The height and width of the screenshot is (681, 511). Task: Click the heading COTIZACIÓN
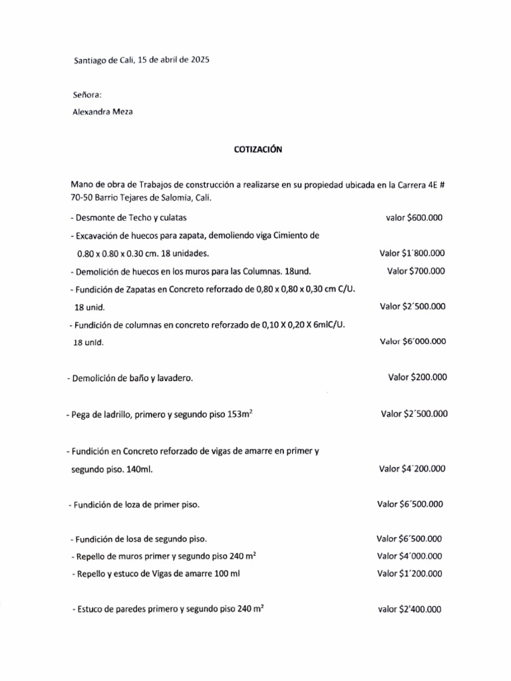[x=258, y=150]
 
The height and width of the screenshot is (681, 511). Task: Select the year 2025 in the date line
[x=198, y=59]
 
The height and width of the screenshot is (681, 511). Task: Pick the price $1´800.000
[x=424, y=253]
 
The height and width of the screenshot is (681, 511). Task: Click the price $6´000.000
[x=424, y=341]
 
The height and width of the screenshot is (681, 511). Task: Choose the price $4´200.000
[x=424, y=469]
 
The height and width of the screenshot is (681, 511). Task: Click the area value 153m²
[x=241, y=414]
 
